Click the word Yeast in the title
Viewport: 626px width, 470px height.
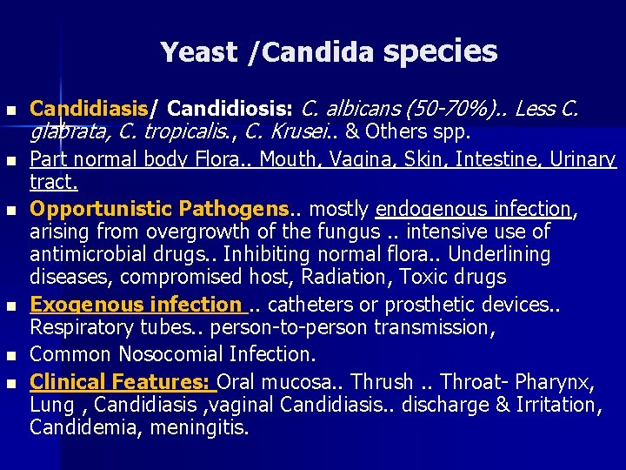(x=198, y=53)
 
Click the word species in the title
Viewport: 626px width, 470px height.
(x=440, y=51)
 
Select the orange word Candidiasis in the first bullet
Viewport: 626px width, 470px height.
(x=88, y=111)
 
